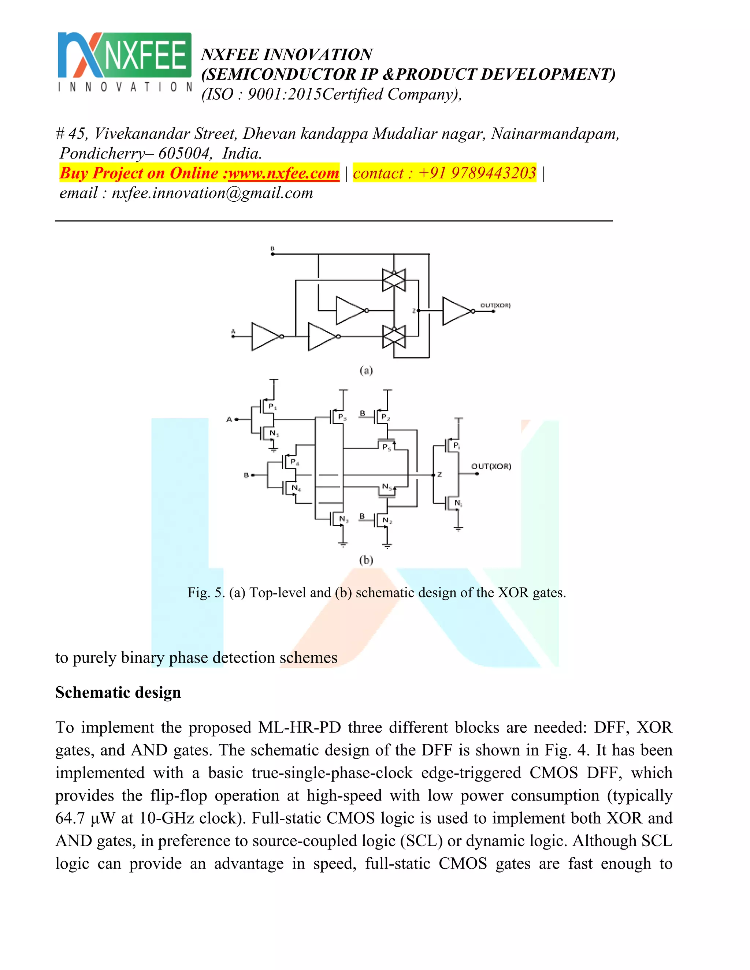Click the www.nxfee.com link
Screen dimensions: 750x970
(283, 173)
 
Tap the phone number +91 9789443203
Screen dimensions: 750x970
(477, 173)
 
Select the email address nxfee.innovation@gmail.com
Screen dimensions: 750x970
(212, 193)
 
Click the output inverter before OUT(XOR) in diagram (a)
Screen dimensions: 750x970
(457, 311)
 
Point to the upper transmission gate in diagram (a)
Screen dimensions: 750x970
(394, 280)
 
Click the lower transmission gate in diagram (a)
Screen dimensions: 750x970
(394, 336)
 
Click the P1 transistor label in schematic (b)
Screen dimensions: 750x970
(272, 406)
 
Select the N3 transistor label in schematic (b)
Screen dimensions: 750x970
(344, 519)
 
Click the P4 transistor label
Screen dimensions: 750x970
(294, 462)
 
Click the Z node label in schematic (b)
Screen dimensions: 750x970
(439, 475)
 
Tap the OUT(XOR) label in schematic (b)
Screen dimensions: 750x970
(491, 466)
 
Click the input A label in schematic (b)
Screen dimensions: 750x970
(229, 419)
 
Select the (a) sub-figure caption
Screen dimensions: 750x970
(366, 370)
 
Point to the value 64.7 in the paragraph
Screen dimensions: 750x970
(70, 818)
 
